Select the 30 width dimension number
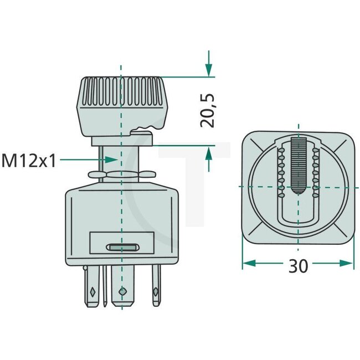tap(298, 266)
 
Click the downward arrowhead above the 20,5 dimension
tap(208, 70)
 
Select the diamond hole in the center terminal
tap(122, 290)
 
